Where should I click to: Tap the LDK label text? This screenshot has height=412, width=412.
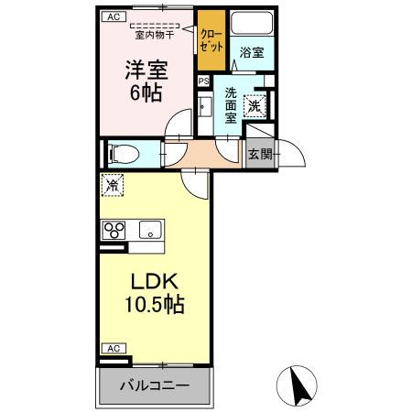(151, 281)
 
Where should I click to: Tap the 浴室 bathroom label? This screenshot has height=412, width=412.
(252, 53)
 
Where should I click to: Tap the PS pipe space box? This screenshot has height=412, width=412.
(203, 81)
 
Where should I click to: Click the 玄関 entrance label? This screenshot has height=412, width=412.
(259, 154)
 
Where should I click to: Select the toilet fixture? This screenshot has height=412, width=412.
(122, 153)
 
